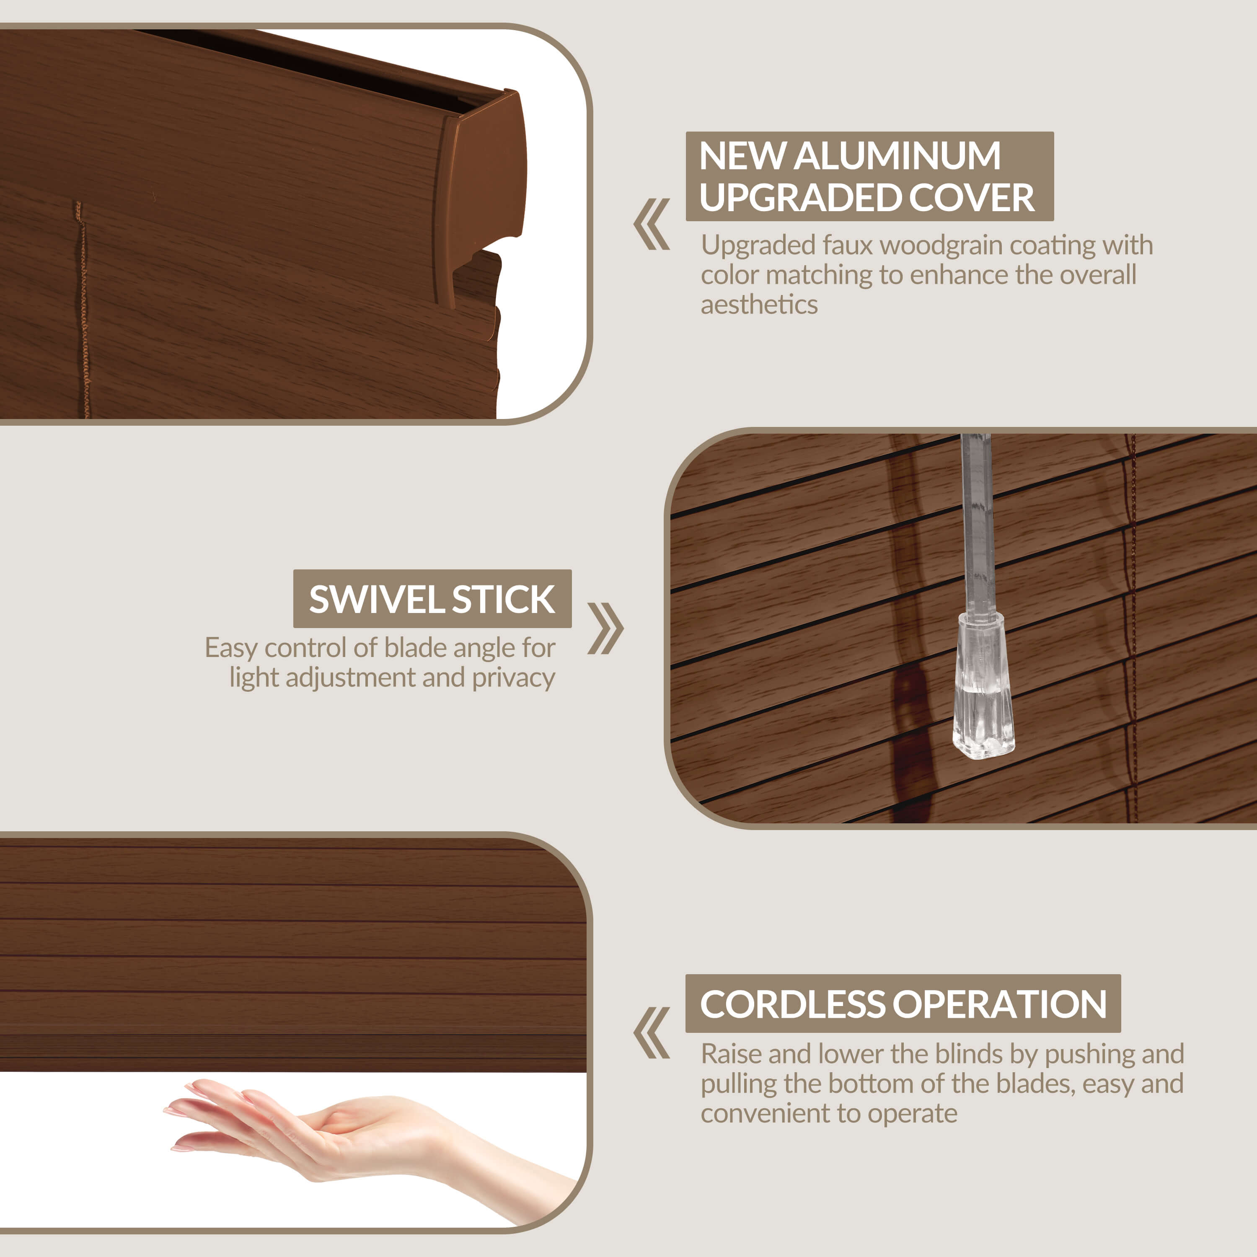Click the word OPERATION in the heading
tap(1000, 1004)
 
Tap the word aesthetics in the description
tap(759, 305)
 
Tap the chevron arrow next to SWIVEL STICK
tap(605, 628)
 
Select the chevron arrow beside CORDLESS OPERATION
tap(651, 1033)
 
